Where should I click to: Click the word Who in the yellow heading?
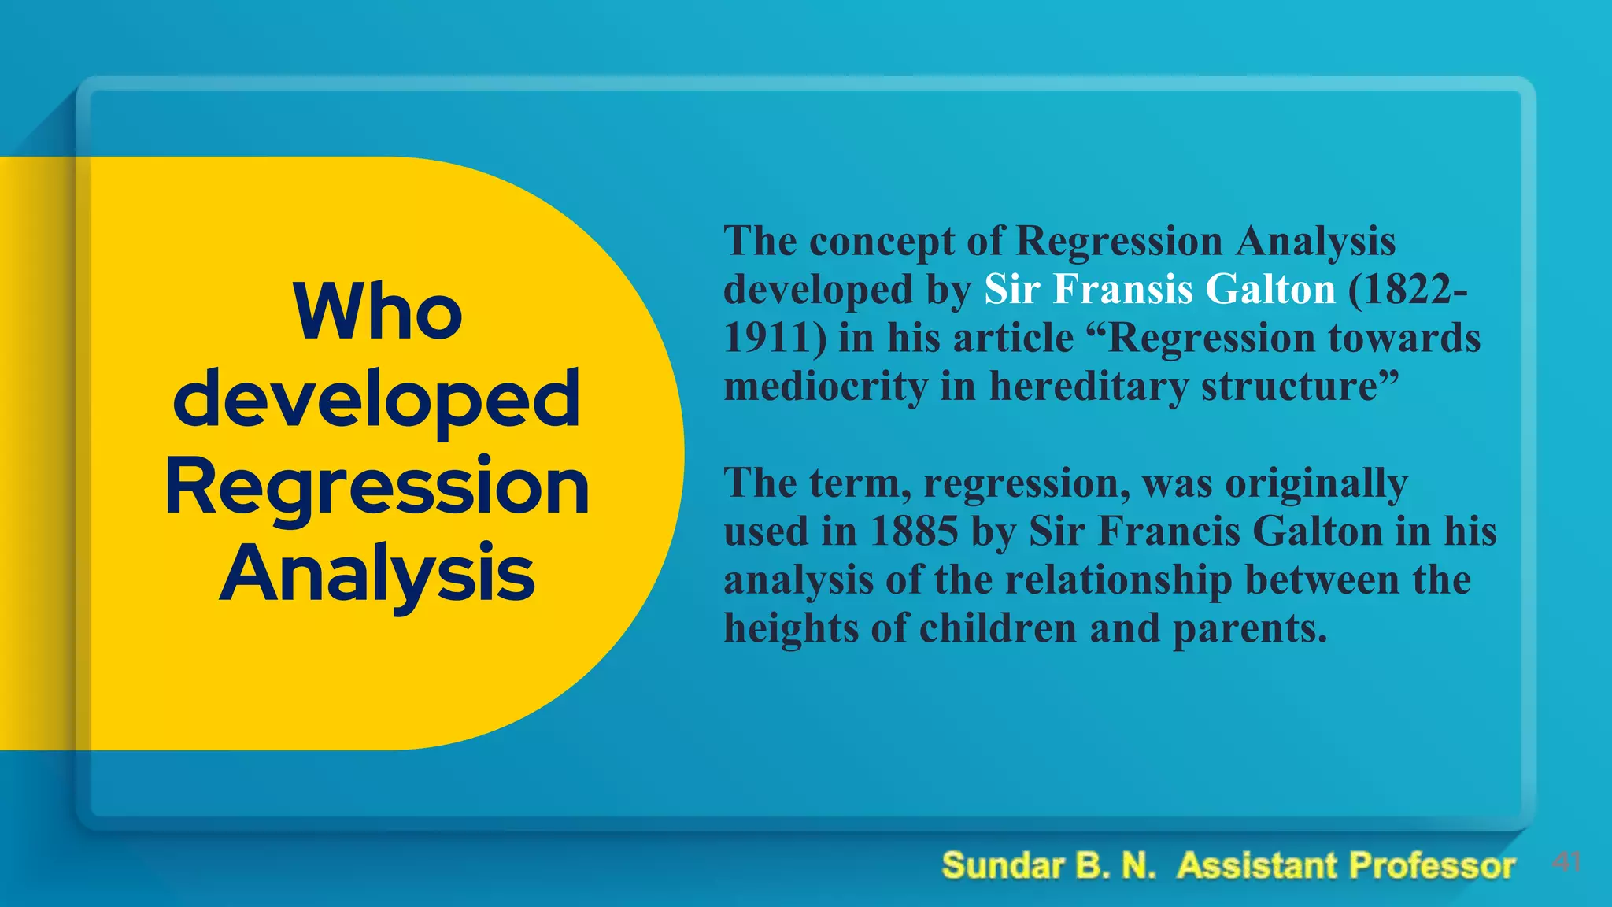click(378, 312)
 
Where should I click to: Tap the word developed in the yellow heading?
click(376, 400)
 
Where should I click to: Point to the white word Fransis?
click(1122, 289)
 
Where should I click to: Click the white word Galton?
click(1270, 289)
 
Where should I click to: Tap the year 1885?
click(914, 531)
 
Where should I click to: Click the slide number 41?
click(1566, 862)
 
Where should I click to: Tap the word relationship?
click(1118, 580)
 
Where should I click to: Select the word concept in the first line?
click(882, 242)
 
